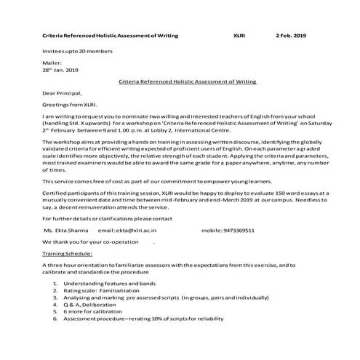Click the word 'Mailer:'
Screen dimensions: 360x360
[52, 63]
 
